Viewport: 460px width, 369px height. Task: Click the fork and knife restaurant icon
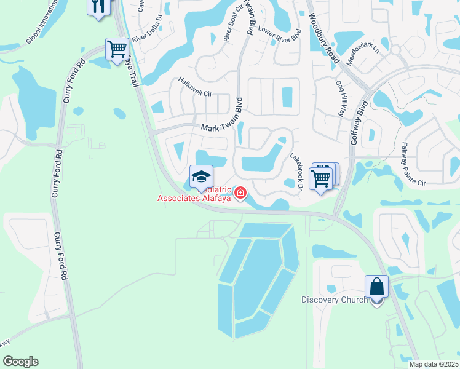(98, 6)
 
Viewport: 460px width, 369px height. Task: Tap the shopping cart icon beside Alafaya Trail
(117, 49)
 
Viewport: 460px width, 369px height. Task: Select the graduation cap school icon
(201, 177)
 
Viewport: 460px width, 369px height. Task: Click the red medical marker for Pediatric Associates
(239, 194)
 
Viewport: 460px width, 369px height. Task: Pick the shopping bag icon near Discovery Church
(376, 287)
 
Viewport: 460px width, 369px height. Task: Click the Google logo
(20, 362)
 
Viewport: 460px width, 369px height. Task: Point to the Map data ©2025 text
(434, 364)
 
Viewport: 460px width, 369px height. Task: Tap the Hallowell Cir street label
(195, 87)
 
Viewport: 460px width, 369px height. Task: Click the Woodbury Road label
(325, 38)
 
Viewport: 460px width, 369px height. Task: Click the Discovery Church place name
(335, 300)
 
